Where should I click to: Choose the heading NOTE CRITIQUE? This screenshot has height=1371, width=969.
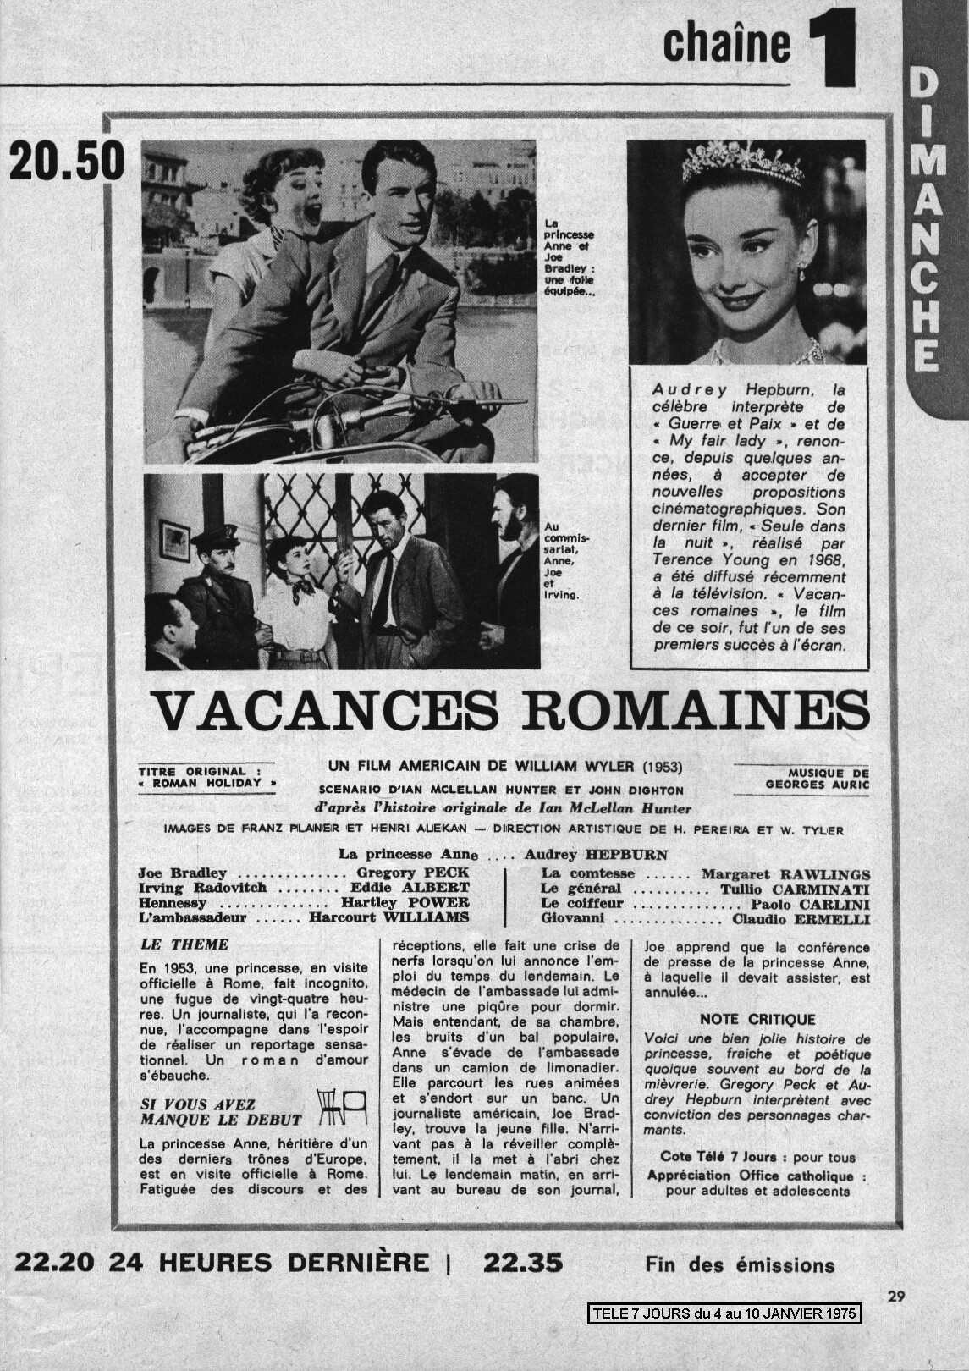click(757, 1020)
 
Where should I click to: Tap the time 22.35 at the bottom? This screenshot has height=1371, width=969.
click(522, 1263)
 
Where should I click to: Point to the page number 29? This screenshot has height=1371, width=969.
click(898, 1294)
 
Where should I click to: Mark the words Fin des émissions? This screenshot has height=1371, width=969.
click(739, 1266)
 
